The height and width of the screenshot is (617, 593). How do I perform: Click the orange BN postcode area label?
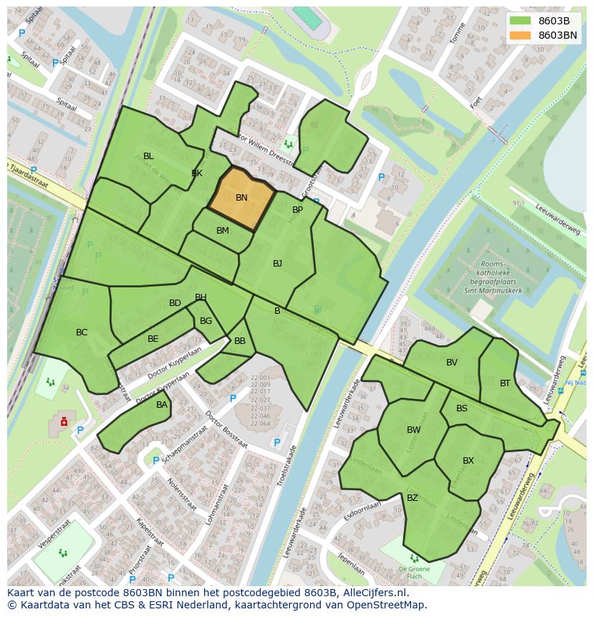[x=241, y=198]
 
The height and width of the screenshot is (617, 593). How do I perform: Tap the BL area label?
[x=148, y=156]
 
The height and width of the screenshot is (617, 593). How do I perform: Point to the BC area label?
[x=82, y=333]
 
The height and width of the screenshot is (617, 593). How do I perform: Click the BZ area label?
[x=413, y=498]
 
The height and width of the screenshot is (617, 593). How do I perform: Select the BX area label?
[x=468, y=461]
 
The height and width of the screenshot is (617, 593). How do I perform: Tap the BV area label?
[x=451, y=363]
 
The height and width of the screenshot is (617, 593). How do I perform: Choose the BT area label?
[x=505, y=383]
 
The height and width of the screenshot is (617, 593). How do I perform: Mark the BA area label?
[x=162, y=405]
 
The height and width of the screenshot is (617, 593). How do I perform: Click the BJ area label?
[x=277, y=264]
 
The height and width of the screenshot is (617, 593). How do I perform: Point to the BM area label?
[x=223, y=231]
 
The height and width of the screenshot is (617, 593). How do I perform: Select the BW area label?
[x=413, y=430]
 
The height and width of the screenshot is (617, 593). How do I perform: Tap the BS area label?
[x=462, y=408]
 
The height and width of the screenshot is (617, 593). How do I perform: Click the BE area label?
[x=153, y=339]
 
